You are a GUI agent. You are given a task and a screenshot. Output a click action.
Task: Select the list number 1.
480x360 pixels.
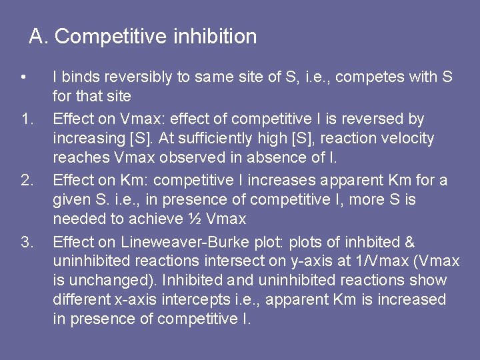[x=27, y=119]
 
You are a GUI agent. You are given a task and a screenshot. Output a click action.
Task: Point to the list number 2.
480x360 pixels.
[x=27, y=181]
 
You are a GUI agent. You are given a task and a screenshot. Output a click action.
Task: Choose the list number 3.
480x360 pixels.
[x=27, y=242]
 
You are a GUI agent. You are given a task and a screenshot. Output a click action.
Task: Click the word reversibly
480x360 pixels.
[x=139, y=77]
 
